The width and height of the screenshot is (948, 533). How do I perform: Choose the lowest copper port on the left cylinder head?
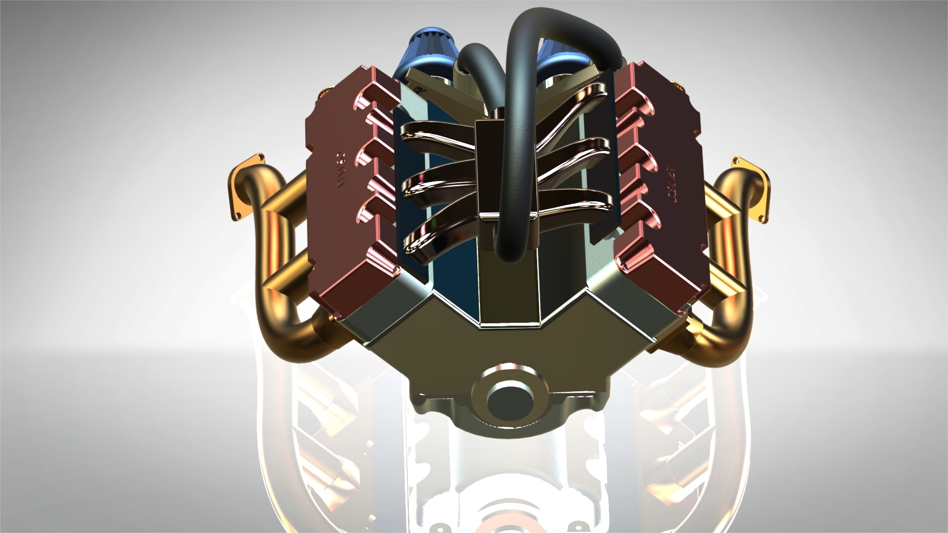pyautogui.click(x=383, y=259)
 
